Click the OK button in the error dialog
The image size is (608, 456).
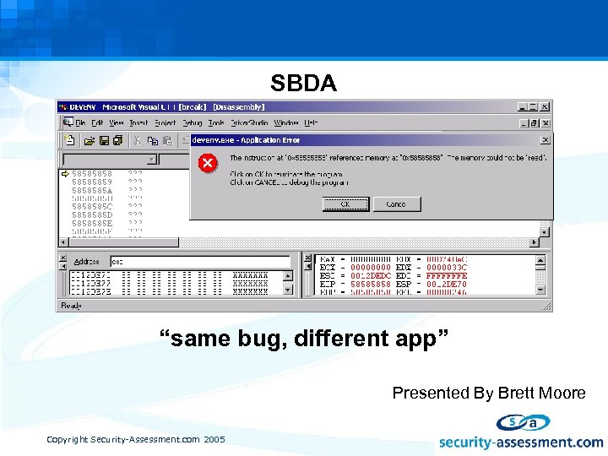coord(345,204)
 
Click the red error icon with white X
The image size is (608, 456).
coord(206,162)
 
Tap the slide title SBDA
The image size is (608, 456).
coord(303,83)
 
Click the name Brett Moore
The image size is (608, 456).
coord(541,393)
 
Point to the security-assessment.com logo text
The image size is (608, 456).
coord(521,442)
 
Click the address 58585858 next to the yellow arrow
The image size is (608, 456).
coord(92,174)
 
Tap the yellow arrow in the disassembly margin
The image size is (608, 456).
coord(65,174)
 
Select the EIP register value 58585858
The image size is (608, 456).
coord(371,285)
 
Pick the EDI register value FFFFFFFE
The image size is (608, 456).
coord(447,276)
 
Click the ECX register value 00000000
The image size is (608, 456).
coord(371,268)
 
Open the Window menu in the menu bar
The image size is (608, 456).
coord(286,123)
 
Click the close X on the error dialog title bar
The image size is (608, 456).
coord(545,139)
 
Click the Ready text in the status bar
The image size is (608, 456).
coord(70,306)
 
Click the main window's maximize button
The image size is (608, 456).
coord(534,107)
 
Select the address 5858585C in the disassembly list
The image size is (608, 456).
coord(92,206)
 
